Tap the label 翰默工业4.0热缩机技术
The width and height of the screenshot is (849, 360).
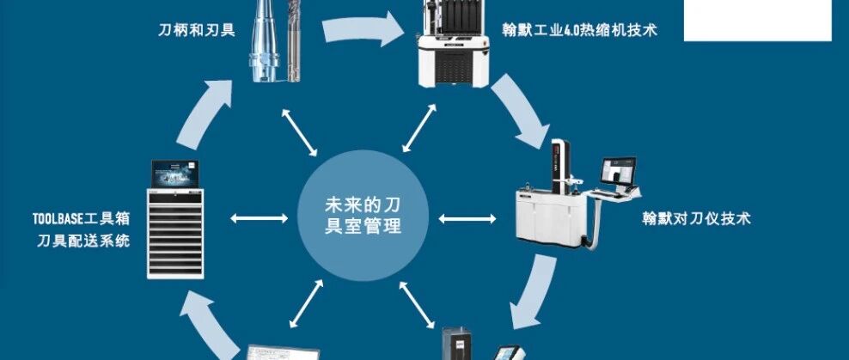580,30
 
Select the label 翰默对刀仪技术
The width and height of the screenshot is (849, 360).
696,218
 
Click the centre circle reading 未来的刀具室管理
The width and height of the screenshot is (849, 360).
351,215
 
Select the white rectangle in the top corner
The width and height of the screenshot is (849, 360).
757,20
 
